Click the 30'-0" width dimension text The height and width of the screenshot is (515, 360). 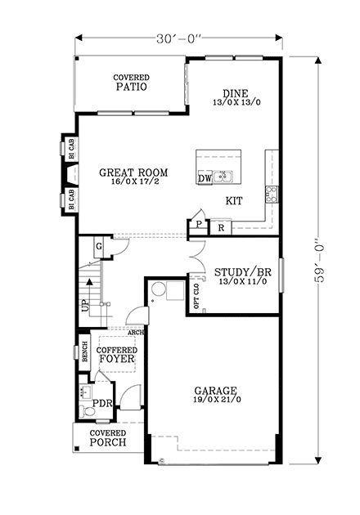pos(178,37)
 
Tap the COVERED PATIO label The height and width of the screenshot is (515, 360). pos(131,83)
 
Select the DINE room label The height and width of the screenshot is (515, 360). pos(236,97)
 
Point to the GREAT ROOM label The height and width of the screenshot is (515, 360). pos(133,177)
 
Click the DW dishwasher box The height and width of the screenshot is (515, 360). pos(205,177)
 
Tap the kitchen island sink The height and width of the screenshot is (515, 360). pos(223,176)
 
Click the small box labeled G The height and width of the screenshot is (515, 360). pos(98,247)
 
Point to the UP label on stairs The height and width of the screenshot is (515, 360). pos(84,307)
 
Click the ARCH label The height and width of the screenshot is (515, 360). pos(136,332)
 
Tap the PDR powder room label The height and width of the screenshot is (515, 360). pos(101,404)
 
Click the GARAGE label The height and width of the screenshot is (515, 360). pos(216,395)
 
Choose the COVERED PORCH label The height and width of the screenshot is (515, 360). pos(108,437)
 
